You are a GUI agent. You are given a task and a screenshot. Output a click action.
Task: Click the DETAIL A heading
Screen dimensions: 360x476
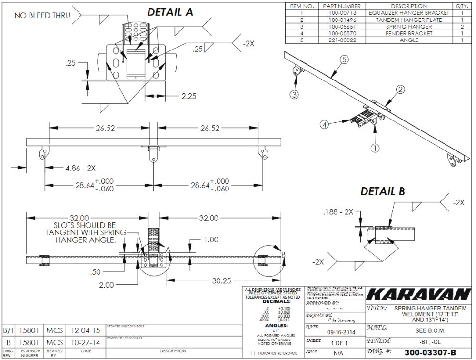click(x=170, y=12)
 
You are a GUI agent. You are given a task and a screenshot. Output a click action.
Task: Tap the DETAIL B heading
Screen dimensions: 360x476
click(x=382, y=191)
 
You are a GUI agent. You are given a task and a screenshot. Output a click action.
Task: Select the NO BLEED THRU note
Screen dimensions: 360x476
click(x=42, y=15)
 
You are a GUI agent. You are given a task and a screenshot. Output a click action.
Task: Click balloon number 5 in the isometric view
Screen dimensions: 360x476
click(x=345, y=60)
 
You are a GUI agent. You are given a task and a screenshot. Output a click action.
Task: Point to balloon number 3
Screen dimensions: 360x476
click(x=295, y=95)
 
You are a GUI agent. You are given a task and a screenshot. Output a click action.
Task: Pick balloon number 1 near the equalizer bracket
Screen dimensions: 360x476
click(x=375, y=148)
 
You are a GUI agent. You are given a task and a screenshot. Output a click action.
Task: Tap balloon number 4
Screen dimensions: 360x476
click(x=324, y=125)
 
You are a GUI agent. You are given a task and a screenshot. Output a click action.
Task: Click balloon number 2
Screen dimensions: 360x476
click(x=400, y=89)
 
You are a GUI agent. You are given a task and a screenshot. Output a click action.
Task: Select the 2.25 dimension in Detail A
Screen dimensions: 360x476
click(x=189, y=96)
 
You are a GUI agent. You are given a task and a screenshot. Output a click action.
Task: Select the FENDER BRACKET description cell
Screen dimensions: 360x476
click(x=407, y=33)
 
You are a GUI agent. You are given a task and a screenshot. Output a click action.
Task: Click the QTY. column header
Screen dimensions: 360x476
click(x=462, y=6)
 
